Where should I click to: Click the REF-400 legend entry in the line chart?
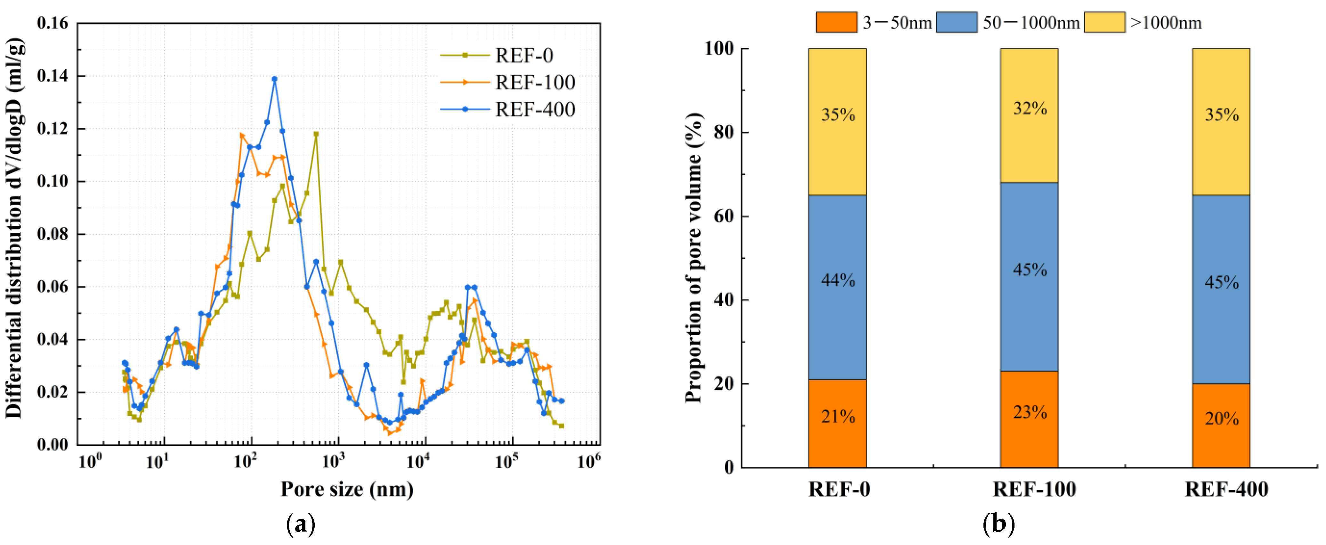(x=534, y=109)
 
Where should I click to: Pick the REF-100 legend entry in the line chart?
(x=534, y=82)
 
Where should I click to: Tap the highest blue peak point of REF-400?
(x=274, y=79)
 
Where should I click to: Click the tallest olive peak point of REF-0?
(x=316, y=134)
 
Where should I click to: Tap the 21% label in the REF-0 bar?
(x=837, y=416)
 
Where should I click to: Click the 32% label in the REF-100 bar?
(x=1030, y=108)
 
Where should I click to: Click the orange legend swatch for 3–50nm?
(x=837, y=22)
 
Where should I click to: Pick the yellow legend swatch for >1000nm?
(x=1104, y=22)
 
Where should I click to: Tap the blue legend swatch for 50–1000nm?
(x=957, y=22)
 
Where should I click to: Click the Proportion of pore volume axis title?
(x=693, y=258)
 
